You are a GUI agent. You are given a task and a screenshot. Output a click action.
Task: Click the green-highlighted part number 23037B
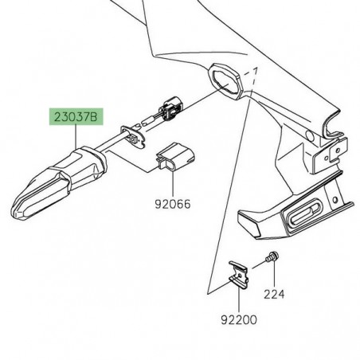[76, 118]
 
